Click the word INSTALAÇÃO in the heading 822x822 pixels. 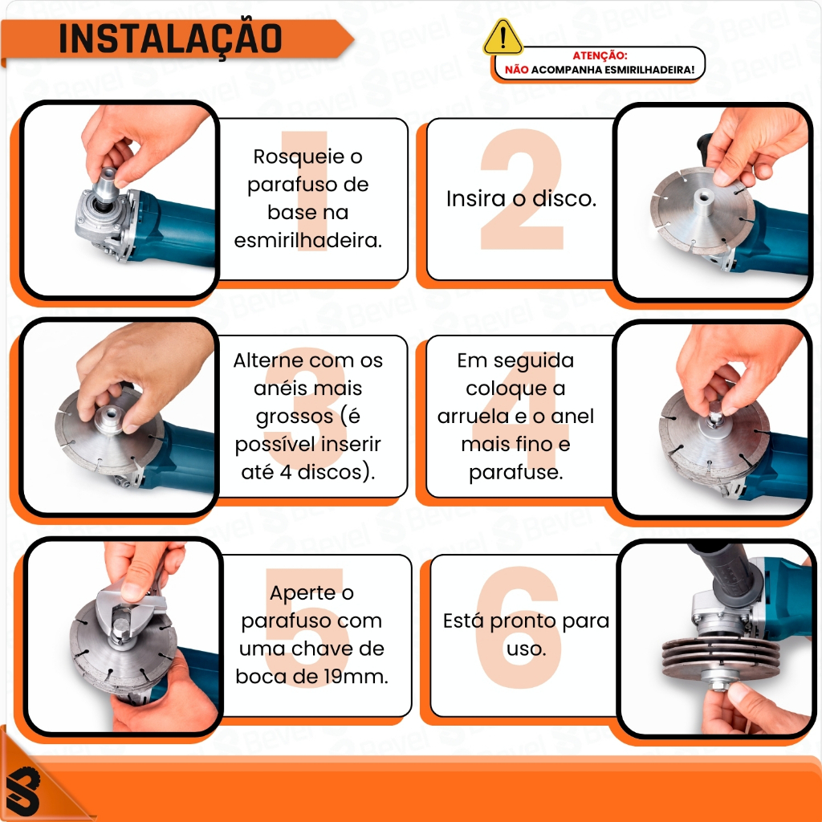(171, 39)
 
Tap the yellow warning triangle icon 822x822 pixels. (503, 37)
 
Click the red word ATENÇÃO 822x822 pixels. (599, 55)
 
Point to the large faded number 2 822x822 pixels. (522, 189)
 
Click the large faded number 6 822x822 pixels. (519, 626)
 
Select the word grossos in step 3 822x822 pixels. (294, 417)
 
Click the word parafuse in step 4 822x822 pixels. (515, 472)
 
